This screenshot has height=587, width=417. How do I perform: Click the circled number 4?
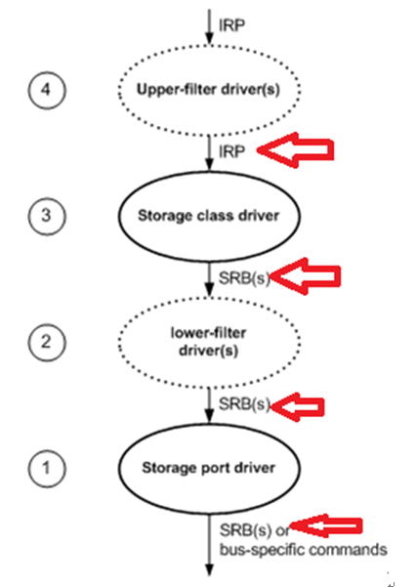coord(47,90)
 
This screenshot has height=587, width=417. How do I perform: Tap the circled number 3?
coord(47,216)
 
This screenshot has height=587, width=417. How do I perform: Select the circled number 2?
coord(47,342)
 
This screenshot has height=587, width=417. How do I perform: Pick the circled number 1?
coord(47,468)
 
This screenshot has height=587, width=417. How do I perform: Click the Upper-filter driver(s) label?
coord(208,90)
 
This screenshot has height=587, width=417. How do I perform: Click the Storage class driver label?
coord(209,216)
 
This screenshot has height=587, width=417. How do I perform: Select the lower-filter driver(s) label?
coord(209,342)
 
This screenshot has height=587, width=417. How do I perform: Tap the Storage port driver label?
coord(209,468)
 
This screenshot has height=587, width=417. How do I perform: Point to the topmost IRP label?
coord(232,25)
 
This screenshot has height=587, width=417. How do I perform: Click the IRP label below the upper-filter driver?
coord(232,151)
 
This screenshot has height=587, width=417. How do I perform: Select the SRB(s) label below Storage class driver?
coord(244,278)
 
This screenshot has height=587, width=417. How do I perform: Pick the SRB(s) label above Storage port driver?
coord(244,404)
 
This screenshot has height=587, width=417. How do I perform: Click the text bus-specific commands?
coord(303,550)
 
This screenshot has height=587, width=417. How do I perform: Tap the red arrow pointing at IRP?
coord(296,150)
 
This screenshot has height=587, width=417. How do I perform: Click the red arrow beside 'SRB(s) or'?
coord(325,526)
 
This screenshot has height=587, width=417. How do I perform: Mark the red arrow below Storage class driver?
coord(305,276)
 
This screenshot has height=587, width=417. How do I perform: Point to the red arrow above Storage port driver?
coord(298,407)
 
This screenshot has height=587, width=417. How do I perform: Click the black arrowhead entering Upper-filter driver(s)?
coord(210,38)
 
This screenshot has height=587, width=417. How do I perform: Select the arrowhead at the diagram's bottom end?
coord(210,569)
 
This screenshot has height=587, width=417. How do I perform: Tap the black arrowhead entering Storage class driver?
coord(210,165)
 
